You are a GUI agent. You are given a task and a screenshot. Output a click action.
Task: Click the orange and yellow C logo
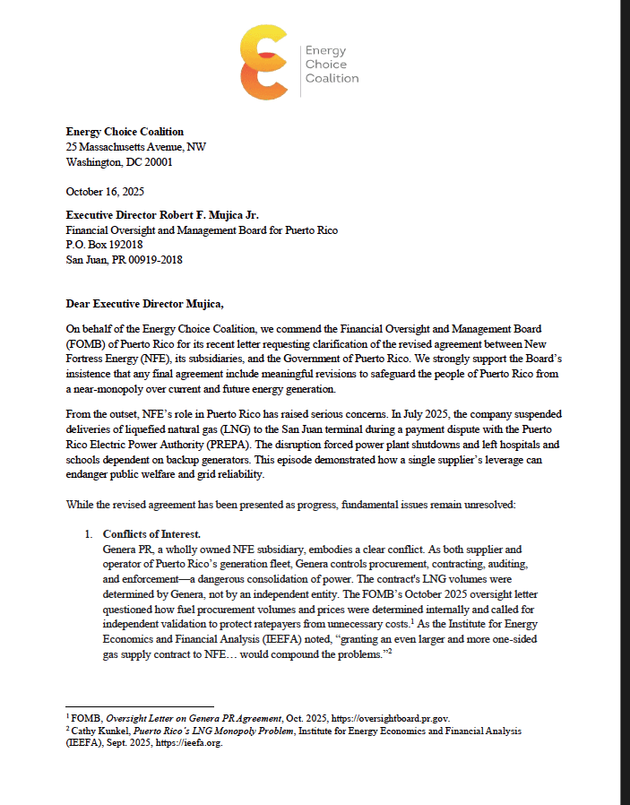(x=264, y=63)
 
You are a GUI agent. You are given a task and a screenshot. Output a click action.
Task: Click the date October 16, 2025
(x=106, y=192)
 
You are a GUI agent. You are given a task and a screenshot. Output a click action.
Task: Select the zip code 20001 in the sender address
(x=158, y=163)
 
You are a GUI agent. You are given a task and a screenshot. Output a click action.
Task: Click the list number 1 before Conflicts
(x=90, y=534)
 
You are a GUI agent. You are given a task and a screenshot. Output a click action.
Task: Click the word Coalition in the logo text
(x=332, y=79)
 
